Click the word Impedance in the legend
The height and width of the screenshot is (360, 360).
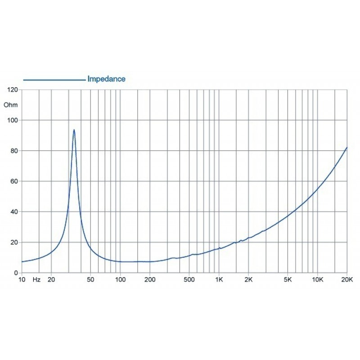click(x=106, y=79)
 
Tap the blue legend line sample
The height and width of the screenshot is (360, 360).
click(x=54, y=80)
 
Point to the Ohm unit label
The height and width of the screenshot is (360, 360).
click(x=10, y=105)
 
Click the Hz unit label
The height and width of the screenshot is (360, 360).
click(x=37, y=279)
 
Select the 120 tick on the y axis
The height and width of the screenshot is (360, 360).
click(x=13, y=90)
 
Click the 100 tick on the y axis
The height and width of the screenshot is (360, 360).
click(x=13, y=120)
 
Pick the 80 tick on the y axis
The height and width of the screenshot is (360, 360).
click(x=14, y=151)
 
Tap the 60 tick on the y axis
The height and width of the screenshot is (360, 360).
click(x=14, y=181)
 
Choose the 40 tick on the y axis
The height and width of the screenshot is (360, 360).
click(x=14, y=212)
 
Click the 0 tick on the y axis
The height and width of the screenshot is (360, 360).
click(x=16, y=273)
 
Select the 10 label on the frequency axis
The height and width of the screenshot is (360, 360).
click(x=22, y=279)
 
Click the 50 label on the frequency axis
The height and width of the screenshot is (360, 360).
click(x=90, y=279)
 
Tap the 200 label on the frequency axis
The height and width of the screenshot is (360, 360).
click(x=150, y=279)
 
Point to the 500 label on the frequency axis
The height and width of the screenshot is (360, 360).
click(x=189, y=279)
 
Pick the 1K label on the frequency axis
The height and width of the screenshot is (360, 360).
click(x=219, y=279)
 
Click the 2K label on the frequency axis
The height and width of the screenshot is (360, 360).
click(x=248, y=279)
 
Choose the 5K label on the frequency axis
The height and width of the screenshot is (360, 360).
click(x=288, y=279)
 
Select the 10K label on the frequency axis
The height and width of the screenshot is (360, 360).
click(x=318, y=279)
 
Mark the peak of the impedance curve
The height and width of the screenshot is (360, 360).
click(x=74, y=130)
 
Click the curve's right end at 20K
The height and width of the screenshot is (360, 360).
click(x=347, y=147)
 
